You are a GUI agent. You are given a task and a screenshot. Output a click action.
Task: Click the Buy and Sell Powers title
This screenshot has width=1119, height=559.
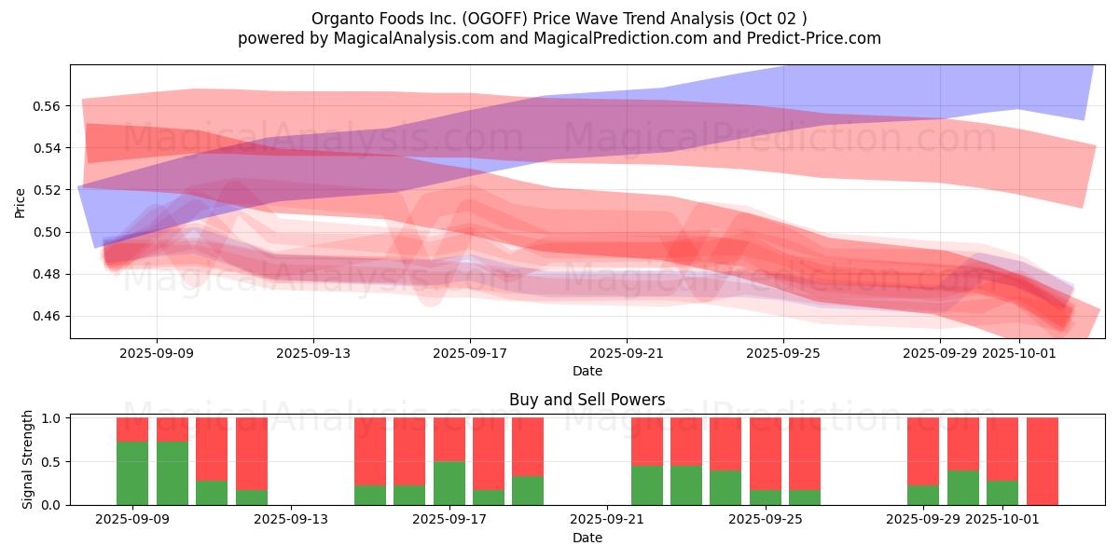[x=587, y=400]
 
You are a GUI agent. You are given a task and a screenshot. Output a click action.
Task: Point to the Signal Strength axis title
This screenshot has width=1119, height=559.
[x=28, y=459]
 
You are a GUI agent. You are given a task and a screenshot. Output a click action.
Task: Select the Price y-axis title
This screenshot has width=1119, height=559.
[x=21, y=202]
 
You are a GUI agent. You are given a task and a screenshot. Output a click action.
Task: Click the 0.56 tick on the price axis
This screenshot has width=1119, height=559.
[x=47, y=106]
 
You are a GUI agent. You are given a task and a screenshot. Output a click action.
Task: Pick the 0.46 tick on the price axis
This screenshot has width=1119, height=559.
[x=47, y=317]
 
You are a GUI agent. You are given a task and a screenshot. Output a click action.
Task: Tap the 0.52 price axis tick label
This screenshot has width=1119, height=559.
[x=47, y=190]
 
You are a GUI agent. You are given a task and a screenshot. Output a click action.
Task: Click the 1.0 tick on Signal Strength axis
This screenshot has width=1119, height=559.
[x=52, y=418]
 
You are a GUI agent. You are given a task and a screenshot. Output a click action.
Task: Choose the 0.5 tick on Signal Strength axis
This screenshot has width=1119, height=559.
[x=52, y=462]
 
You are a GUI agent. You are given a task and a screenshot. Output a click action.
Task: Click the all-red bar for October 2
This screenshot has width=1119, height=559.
[x=1042, y=461]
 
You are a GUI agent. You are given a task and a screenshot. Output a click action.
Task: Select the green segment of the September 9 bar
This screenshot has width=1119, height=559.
[x=132, y=473]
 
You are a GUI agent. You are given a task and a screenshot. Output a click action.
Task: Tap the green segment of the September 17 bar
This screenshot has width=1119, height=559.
[x=449, y=484]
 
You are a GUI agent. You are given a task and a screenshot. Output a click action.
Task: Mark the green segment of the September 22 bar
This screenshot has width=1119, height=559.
[x=647, y=485]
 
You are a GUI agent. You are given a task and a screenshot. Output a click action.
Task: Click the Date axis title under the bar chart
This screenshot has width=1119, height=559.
[x=587, y=538]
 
